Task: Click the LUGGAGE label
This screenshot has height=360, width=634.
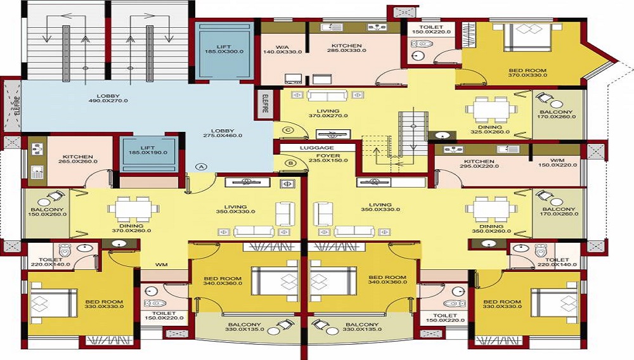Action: [x=316, y=148]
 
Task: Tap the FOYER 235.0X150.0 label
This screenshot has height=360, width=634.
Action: [x=328, y=158]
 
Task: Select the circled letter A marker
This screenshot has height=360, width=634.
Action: [x=201, y=167]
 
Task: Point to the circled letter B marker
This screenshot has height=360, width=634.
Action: [x=291, y=164]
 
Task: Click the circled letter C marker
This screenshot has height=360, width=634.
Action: [x=288, y=130]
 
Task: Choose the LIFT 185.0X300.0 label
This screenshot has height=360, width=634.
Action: [x=224, y=49]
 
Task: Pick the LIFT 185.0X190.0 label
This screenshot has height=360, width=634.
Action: [x=148, y=150]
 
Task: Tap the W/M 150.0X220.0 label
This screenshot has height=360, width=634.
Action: [x=557, y=162]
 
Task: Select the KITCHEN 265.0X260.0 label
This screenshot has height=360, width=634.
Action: [x=78, y=159]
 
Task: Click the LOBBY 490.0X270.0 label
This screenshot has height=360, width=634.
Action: [x=108, y=98]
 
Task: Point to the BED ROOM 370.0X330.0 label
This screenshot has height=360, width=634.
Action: [x=527, y=73]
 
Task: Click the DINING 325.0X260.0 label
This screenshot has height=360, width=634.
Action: [x=490, y=129]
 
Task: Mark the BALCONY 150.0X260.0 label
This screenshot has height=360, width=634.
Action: [x=48, y=212]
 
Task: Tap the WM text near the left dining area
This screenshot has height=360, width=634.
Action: [x=161, y=265]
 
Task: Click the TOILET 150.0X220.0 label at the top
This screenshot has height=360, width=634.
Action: [x=431, y=30]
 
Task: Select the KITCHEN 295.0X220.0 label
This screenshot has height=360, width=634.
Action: [x=479, y=164]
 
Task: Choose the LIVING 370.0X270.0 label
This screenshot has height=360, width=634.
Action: [x=328, y=113]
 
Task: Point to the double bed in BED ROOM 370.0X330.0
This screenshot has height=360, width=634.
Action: [x=527, y=37]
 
